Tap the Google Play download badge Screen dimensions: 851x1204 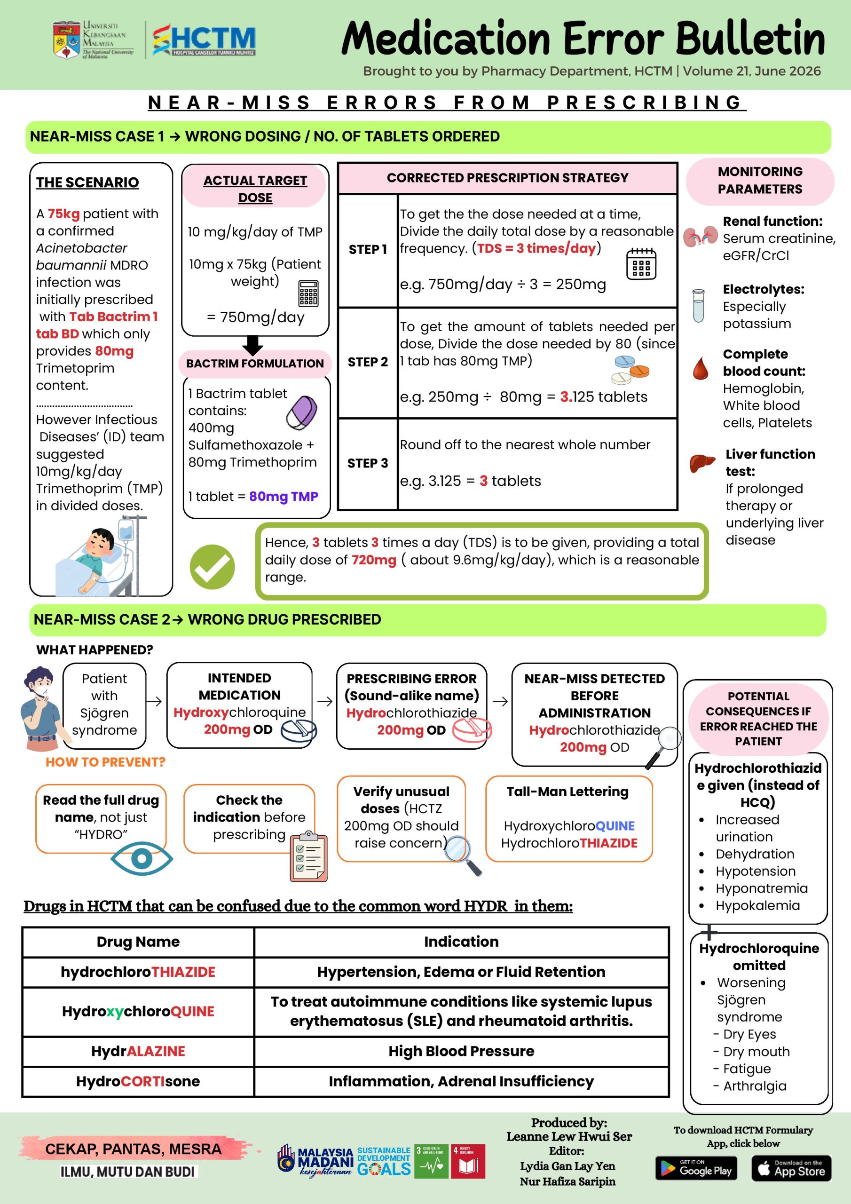pyautogui.click(x=696, y=1168)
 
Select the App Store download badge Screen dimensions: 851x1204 pyautogui.click(x=792, y=1168)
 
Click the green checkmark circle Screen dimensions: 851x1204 pyautogui.click(x=212, y=566)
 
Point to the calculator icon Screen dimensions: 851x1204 pyautogui.click(x=308, y=293)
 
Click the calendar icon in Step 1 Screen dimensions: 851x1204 pyautogui.click(x=641, y=264)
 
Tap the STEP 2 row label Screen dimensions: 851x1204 pyautogui.click(x=368, y=362)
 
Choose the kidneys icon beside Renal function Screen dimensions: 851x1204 pyautogui.click(x=700, y=237)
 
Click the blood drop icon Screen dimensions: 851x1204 pyautogui.click(x=701, y=368)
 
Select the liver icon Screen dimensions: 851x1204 pyautogui.click(x=702, y=463)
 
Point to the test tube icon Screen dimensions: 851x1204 pyautogui.click(x=698, y=305)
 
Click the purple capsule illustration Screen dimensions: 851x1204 pyautogui.click(x=301, y=412)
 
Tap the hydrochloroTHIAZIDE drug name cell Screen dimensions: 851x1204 pyautogui.click(x=138, y=972)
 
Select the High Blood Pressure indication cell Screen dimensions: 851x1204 pyautogui.click(x=461, y=1051)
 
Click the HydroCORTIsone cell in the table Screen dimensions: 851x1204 pyautogui.click(x=138, y=1081)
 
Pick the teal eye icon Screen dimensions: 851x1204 pyautogui.click(x=142, y=858)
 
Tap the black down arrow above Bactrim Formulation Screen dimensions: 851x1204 pyautogui.click(x=253, y=345)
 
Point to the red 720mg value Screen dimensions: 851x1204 pyautogui.click(x=374, y=560)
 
